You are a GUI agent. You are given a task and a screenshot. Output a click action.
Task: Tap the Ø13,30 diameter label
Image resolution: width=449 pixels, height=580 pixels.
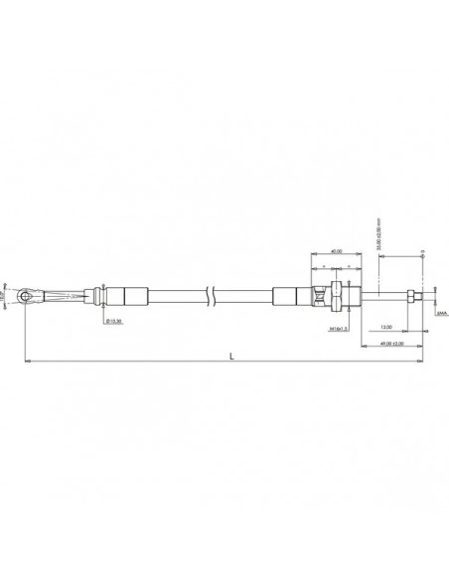click(x=114, y=322)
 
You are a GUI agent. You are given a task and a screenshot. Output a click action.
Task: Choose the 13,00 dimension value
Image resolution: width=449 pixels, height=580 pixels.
click(x=385, y=326)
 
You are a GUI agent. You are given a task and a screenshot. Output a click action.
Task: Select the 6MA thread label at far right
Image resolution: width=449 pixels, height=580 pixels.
click(x=441, y=312)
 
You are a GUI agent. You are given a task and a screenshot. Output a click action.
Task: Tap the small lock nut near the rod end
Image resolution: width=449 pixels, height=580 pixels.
click(x=408, y=295)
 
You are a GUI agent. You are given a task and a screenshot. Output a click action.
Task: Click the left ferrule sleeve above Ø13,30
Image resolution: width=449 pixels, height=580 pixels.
click(x=126, y=295)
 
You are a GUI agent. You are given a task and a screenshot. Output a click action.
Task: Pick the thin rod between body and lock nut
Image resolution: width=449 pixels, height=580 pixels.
click(x=382, y=295)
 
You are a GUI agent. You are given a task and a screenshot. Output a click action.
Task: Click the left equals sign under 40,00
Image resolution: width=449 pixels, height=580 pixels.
click(x=324, y=268)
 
